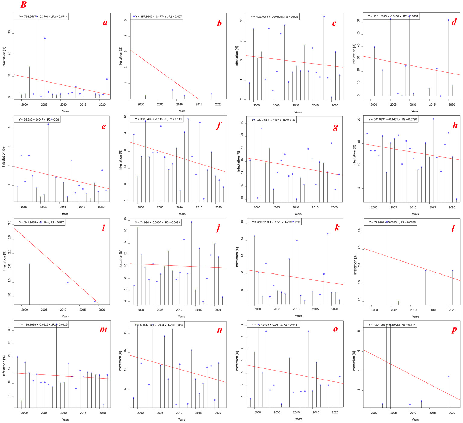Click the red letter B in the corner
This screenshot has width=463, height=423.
(23, 5)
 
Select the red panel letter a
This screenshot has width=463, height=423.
(105, 23)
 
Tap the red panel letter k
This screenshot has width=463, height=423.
(337, 228)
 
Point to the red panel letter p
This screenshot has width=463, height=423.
(454, 330)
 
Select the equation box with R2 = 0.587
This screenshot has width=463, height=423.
(41, 223)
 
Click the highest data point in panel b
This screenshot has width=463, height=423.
(134, 16)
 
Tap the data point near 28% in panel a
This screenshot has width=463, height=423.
(45, 38)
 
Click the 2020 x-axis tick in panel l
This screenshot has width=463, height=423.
(452, 310)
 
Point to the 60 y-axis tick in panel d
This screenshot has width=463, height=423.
(358, 21)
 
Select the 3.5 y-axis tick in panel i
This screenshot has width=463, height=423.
(10, 223)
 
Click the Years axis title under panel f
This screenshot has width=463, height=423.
(182, 214)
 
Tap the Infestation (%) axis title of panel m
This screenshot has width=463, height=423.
(4, 365)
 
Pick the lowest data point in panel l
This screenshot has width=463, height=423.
(398, 301)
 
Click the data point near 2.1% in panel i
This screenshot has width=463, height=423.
(29, 264)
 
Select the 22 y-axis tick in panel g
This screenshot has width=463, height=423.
(242, 122)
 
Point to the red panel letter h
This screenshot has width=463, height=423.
(455, 125)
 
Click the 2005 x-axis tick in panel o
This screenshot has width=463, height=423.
(277, 412)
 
